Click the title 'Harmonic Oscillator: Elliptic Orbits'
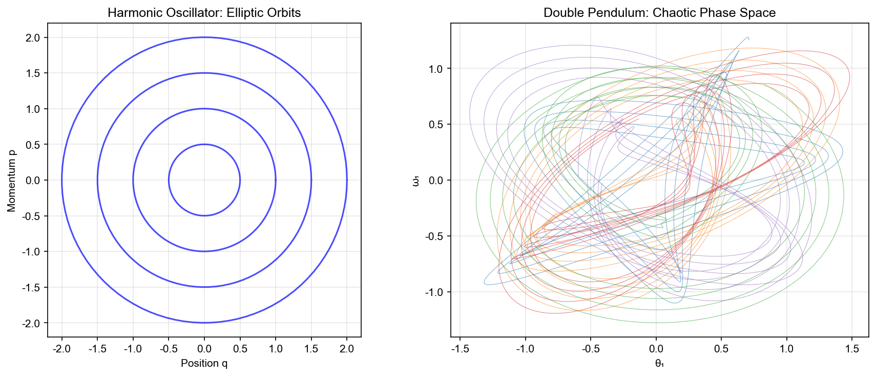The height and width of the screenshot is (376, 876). tap(204, 13)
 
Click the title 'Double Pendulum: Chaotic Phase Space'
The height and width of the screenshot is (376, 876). tap(659, 13)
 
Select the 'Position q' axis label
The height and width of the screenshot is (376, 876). tap(204, 363)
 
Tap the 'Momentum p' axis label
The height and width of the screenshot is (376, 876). tap(12, 180)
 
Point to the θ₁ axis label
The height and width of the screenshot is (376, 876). tap(659, 363)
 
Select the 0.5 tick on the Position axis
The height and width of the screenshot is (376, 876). tap(240, 349)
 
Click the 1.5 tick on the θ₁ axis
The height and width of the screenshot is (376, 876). tap(851, 349)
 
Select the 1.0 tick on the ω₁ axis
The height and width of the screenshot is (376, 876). tap(436, 69)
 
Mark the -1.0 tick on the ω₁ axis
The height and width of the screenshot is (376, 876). tap(434, 292)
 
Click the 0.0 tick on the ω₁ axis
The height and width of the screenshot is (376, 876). tap(436, 181)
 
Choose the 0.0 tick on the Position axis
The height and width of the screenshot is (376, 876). tap(204, 349)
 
